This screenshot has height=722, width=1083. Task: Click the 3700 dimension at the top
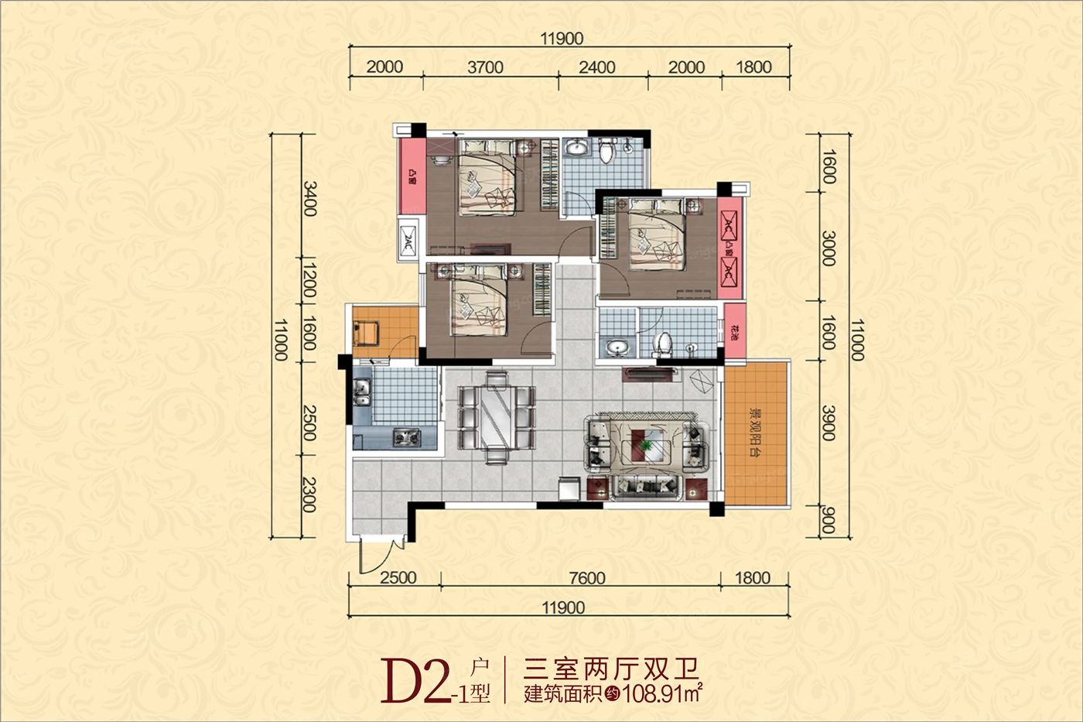(x=485, y=67)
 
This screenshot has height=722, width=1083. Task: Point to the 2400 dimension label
(x=597, y=67)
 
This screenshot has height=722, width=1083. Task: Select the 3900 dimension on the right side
(x=828, y=423)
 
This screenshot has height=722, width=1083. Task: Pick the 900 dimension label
(x=828, y=521)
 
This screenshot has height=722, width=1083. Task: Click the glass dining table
(x=495, y=416)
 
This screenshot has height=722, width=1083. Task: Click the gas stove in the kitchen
(x=402, y=437)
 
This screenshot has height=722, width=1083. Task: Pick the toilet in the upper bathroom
(x=606, y=151)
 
